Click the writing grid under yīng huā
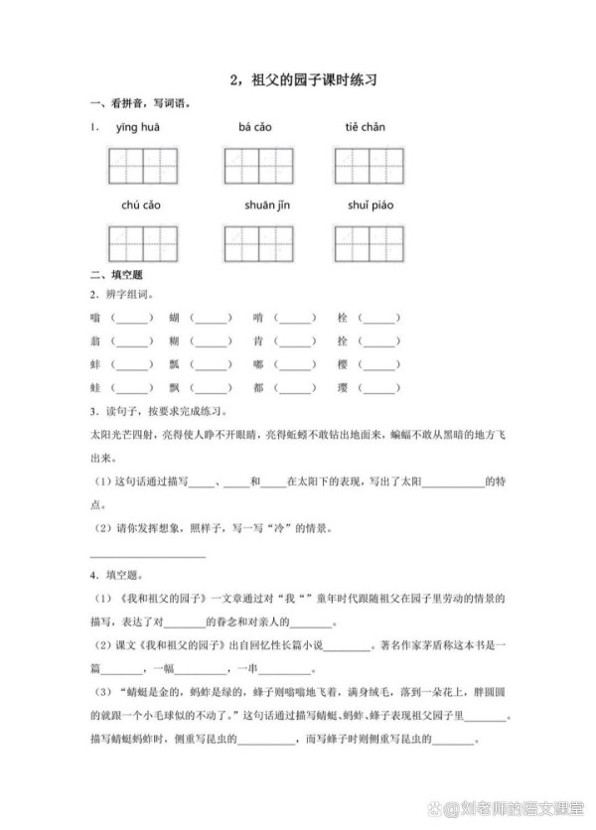(x=142, y=165)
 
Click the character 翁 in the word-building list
(x=94, y=342)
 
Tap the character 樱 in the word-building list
(x=343, y=365)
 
